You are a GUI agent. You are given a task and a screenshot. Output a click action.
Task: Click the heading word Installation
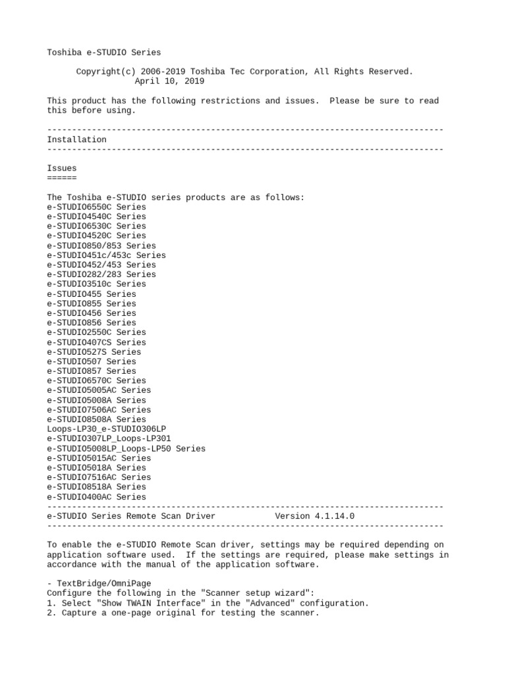76,140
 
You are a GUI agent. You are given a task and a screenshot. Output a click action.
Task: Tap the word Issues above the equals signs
62,168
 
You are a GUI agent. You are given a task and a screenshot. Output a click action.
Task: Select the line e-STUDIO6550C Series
96,207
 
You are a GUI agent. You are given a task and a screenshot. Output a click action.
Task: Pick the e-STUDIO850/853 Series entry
101,246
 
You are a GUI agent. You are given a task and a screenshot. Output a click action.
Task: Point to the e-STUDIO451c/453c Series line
106,255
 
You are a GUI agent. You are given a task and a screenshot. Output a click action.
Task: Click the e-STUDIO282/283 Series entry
101,274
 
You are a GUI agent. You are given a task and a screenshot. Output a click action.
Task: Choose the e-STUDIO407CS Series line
96,342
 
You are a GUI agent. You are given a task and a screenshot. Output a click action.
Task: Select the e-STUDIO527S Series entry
94,352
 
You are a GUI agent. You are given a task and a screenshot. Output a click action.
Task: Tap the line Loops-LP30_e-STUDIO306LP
106,429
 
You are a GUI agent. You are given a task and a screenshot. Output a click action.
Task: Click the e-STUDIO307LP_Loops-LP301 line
109,438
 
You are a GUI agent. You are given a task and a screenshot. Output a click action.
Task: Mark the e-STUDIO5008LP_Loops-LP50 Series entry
126,448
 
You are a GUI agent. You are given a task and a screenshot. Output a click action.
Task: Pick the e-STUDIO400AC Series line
96,497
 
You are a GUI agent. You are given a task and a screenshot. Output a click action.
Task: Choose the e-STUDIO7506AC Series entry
99,410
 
